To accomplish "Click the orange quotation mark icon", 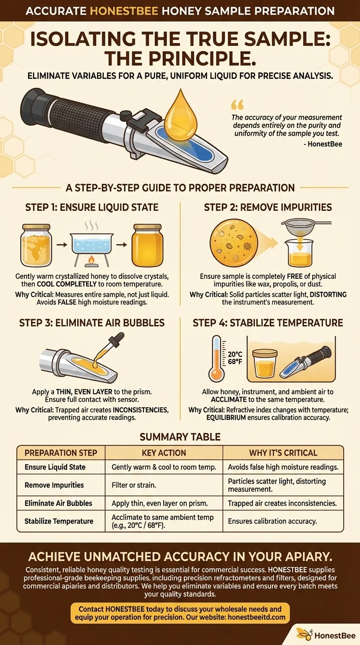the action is click(237, 105).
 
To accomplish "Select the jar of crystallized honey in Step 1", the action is click(36, 245).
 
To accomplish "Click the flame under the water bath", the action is click(91, 260).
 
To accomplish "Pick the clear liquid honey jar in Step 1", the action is click(147, 245).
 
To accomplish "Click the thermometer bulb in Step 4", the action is click(216, 375).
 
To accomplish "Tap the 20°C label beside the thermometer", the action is click(235, 354).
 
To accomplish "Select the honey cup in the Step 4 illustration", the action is click(265, 363).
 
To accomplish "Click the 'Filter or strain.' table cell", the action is click(134, 485).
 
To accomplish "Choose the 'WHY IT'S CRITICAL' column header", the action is click(283, 453).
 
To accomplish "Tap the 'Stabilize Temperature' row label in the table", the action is click(59, 521).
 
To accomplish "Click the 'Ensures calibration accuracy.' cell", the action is click(272, 521).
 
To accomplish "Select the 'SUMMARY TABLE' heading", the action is click(180, 437).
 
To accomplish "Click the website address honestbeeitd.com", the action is click(256, 617).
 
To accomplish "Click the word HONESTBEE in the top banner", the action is click(124, 11).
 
